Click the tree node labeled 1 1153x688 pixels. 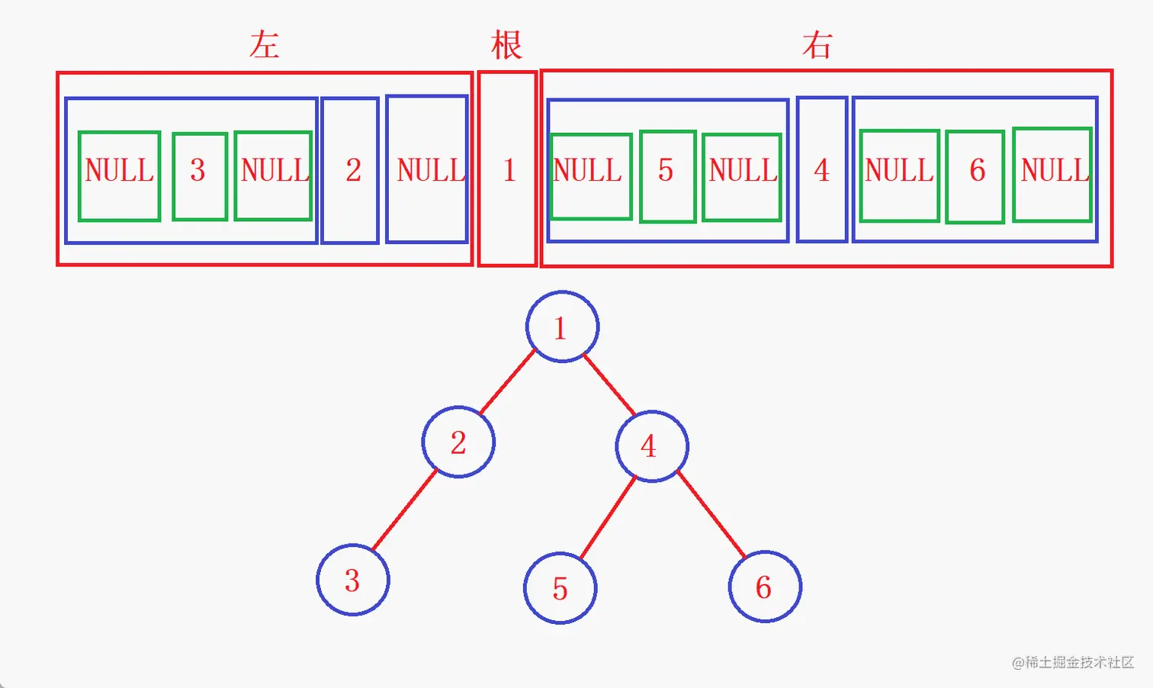tap(562, 327)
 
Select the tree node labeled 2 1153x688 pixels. tap(458, 442)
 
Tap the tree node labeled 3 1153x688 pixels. tap(353, 580)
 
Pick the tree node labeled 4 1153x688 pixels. tap(652, 446)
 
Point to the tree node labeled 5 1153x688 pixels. tap(560, 588)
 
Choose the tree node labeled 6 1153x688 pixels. tap(765, 587)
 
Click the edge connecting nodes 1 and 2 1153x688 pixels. tap(508, 382)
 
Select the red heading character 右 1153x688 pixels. tap(817, 46)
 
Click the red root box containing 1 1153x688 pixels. tap(508, 169)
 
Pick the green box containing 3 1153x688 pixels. tap(200, 176)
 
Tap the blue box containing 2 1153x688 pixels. tap(350, 170)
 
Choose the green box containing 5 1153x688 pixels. tap(668, 176)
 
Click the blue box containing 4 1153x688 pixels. tap(822, 169)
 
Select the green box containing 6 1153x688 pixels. tap(975, 176)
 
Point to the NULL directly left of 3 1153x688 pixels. tap(120, 176)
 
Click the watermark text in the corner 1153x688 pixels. tap(1073, 662)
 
